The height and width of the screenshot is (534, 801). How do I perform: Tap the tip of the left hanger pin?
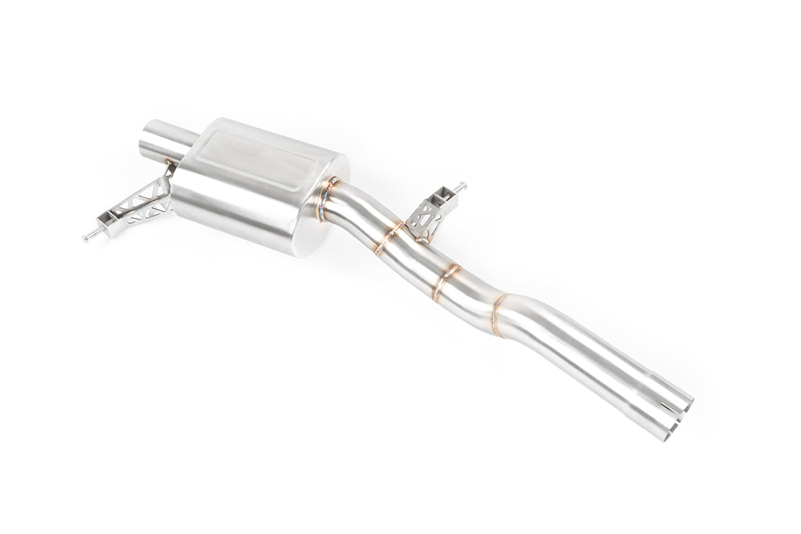(x=82, y=235)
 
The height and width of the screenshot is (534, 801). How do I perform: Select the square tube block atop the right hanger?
(x=444, y=195)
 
